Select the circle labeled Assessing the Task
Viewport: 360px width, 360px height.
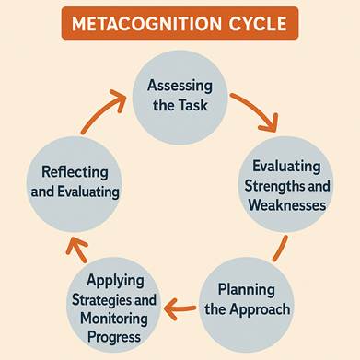180,95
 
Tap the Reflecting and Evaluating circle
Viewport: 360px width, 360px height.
75,183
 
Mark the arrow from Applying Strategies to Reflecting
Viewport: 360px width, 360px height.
76,249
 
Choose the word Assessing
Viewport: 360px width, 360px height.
180,85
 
